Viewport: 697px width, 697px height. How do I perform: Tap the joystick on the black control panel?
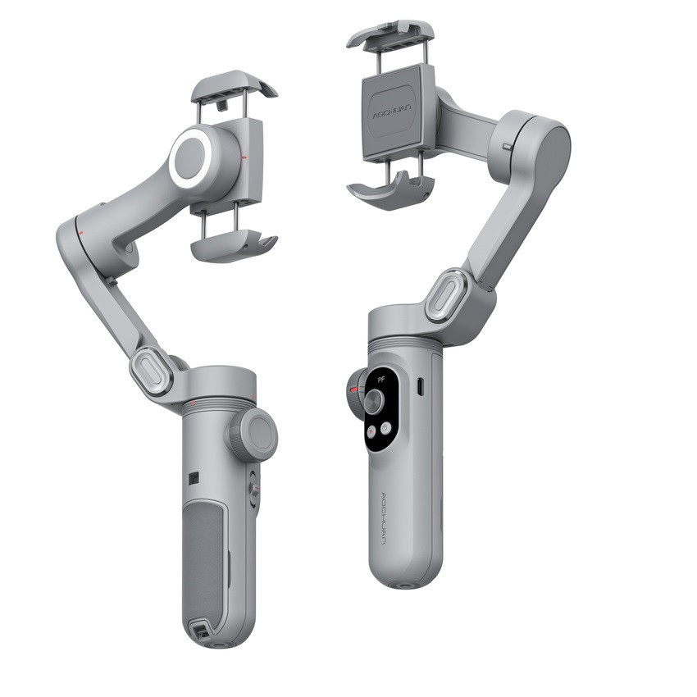(x=375, y=399)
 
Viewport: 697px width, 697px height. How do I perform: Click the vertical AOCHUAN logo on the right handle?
(x=386, y=517)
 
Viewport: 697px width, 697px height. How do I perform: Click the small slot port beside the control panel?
(x=421, y=385)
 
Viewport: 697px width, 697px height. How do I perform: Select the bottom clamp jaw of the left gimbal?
(x=235, y=246)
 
